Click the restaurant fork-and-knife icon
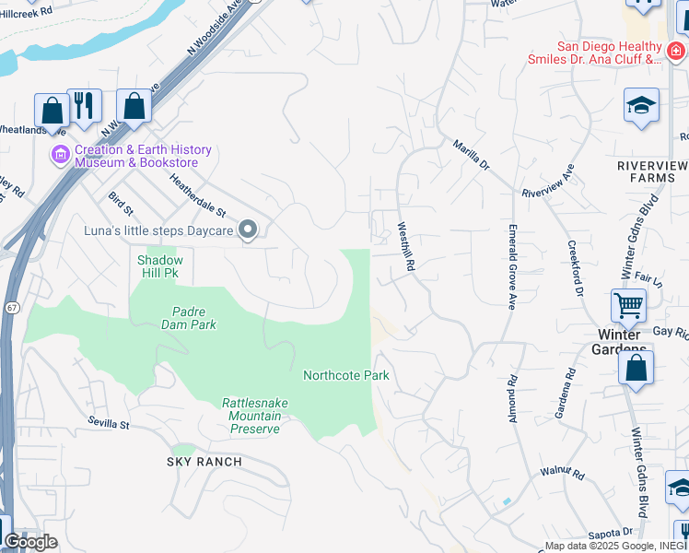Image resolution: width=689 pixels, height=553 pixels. click(85, 105)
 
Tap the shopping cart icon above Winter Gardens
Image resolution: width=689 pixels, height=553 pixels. click(628, 305)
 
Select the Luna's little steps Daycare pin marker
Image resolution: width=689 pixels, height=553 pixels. click(248, 229)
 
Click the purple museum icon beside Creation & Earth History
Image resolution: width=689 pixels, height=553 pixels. click(62, 156)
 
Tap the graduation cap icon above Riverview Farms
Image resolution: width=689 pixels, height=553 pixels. click(641, 106)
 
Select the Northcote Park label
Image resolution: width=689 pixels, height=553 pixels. click(346, 375)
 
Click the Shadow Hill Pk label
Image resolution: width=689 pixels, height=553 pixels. click(160, 266)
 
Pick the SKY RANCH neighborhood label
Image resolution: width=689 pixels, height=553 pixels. click(204, 461)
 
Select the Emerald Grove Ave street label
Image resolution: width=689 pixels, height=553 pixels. click(512, 265)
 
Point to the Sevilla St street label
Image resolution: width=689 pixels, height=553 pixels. click(110, 424)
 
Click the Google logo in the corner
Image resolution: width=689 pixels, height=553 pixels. click(30, 542)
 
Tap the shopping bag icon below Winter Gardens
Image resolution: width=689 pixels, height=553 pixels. click(636, 368)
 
